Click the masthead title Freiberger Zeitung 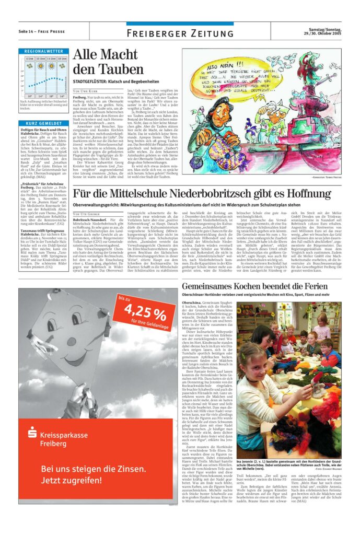click(x=180, y=33)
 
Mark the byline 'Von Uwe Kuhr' click(x=86, y=91)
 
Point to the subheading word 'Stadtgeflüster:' click(x=89, y=82)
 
